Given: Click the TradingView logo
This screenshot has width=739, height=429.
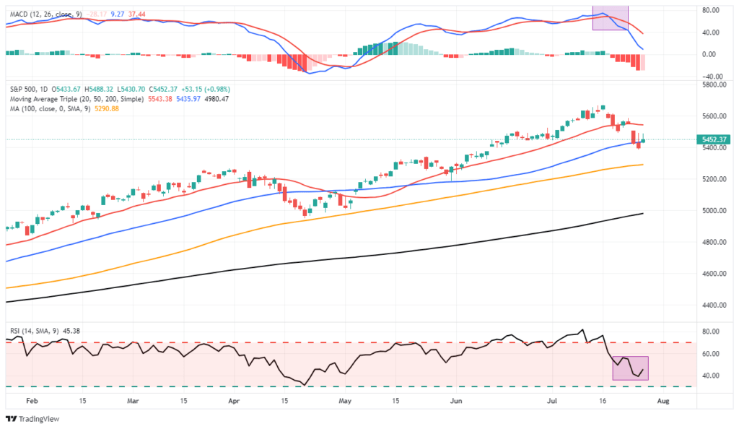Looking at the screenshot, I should pyautogui.click(x=33, y=419).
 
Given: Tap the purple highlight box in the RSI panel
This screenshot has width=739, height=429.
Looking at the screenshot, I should pyautogui.click(x=630, y=368).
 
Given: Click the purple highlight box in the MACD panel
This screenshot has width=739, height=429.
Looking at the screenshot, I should pyautogui.click(x=611, y=17).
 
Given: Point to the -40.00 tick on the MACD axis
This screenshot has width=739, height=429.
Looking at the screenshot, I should pyautogui.click(x=713, y=77).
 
